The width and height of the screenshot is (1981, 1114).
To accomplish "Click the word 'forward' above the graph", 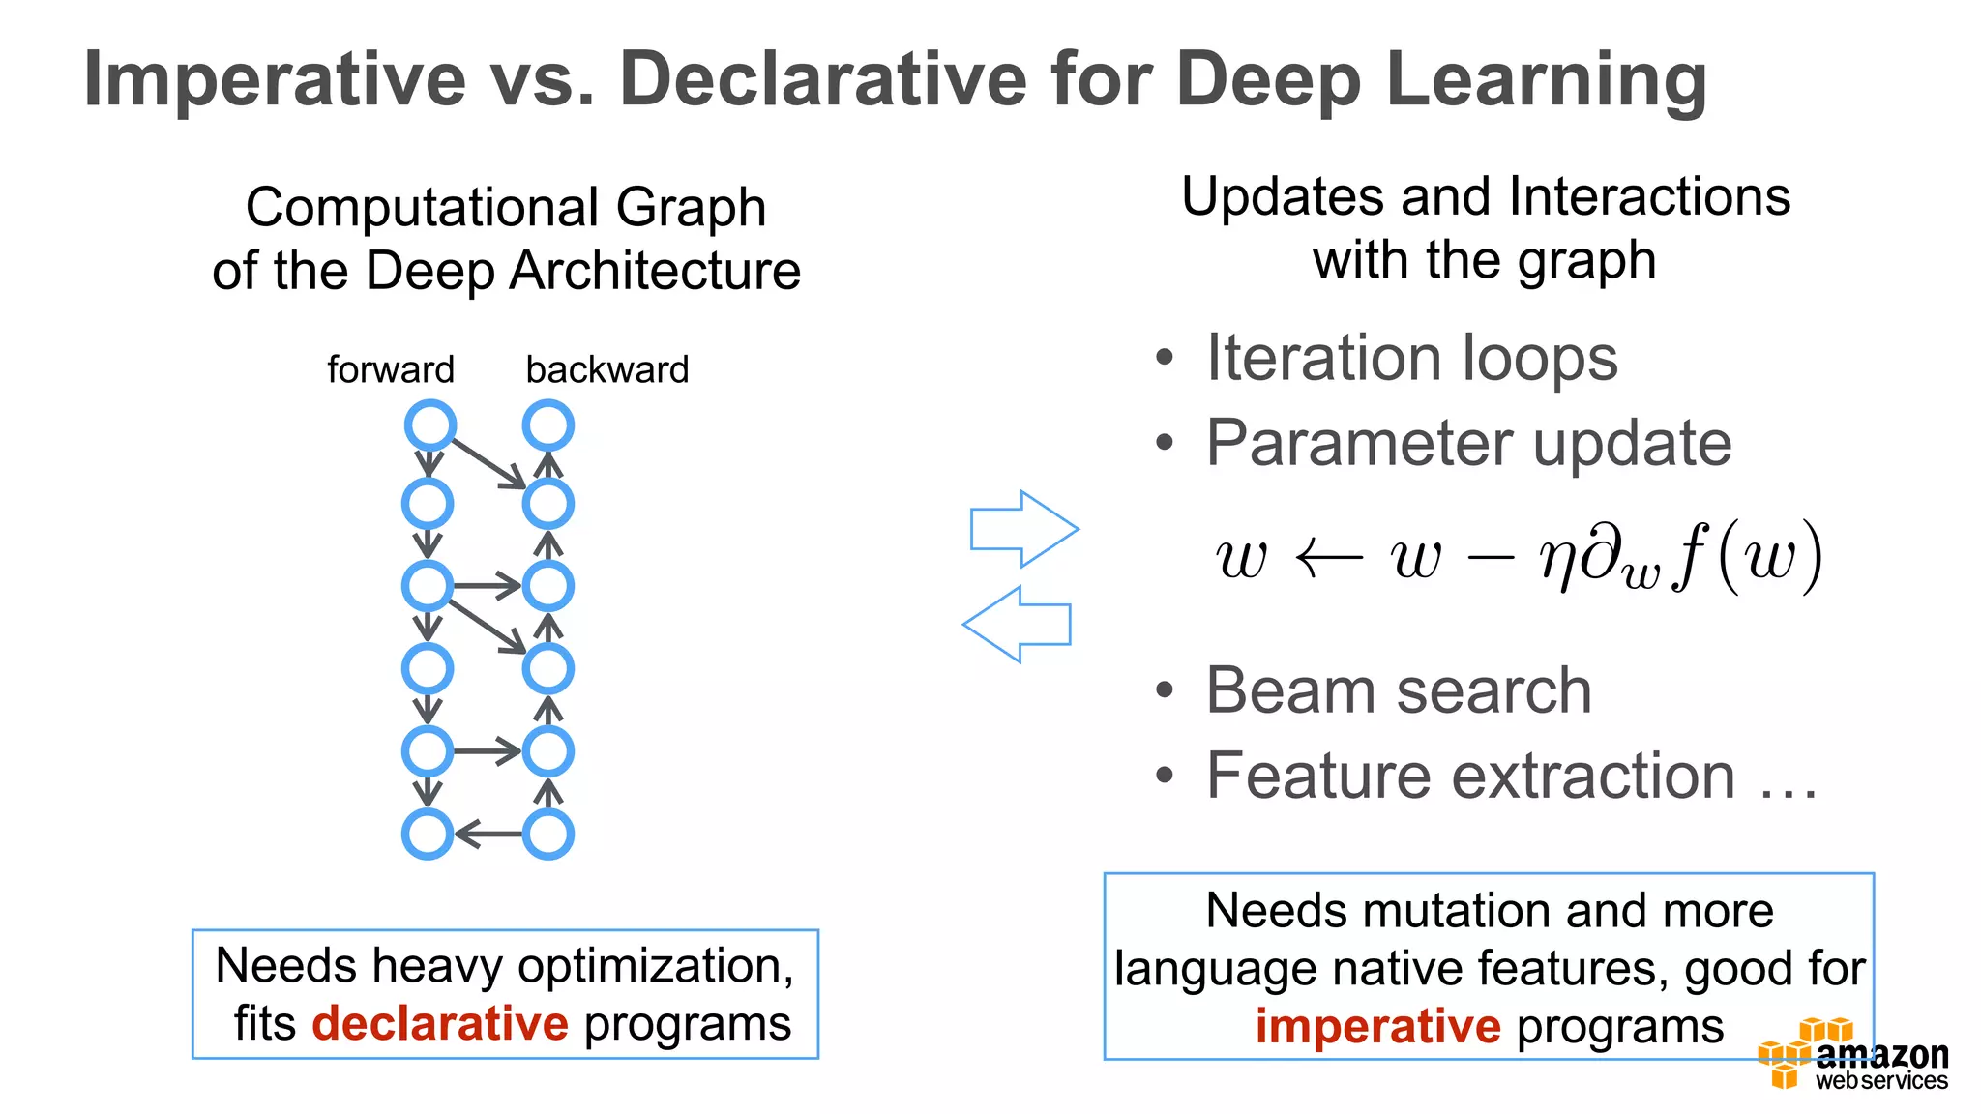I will [390, 369].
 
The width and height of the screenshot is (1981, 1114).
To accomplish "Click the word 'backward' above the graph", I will [606, 369].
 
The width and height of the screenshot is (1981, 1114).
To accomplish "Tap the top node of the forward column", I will [429, 425].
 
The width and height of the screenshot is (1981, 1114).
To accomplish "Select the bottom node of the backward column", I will [547, 834].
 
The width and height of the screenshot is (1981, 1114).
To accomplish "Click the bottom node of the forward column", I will [427, 834].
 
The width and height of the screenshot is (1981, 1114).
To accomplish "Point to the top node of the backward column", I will [547, 425].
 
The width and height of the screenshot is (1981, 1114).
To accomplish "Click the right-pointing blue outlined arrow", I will [1024, 529].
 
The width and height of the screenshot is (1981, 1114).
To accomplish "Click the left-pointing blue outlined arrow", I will [1017, 624].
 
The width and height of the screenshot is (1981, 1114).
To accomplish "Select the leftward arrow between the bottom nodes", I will [488, 834].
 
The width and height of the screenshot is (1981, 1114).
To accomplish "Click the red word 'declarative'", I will [440, 1023].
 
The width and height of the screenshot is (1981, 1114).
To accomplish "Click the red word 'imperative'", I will [1377, 1026].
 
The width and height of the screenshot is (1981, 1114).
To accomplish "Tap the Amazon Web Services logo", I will [1852, 1056].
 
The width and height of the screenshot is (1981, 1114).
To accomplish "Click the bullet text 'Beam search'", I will [1398, 690].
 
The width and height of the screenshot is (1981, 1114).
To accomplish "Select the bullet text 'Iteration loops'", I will [1411, 358].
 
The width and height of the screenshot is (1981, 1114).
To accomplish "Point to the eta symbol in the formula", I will [1557, 560].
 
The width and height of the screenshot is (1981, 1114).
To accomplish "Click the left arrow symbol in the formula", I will [1328, 558].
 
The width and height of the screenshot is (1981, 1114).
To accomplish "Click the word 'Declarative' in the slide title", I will [823, 79].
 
